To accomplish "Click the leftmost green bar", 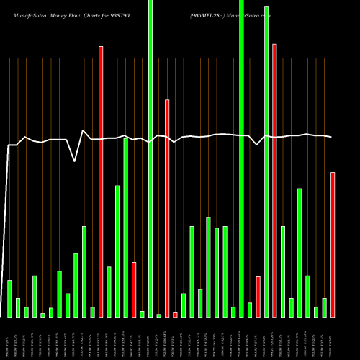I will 9,298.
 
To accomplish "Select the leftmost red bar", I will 101,180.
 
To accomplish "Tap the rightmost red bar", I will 333,244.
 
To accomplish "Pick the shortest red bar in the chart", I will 176,315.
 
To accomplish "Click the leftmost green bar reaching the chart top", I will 150,158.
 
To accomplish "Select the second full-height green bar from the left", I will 242,158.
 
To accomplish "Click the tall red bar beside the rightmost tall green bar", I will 274,180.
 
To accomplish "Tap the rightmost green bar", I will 325,307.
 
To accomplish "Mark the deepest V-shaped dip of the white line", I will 76,161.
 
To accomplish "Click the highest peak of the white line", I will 84,130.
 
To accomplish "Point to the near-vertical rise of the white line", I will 8,230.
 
